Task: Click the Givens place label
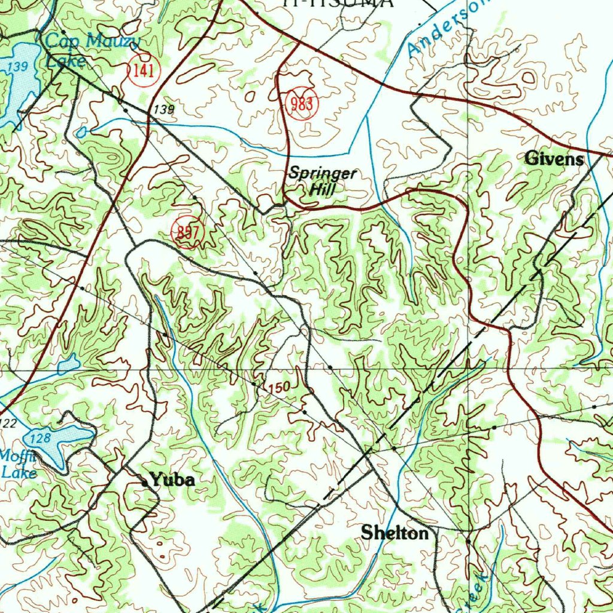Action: point(553,159)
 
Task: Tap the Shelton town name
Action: point(394,533)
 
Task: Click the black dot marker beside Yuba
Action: point(144,480)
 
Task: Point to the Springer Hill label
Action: point(322,181)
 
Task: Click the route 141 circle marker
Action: point(144,71)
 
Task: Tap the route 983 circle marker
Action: point(302,104)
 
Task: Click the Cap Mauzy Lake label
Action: point(90,50)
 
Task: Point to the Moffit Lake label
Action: point(18,464)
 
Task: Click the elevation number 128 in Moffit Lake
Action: point(40,438)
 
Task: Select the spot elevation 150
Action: point(280,388)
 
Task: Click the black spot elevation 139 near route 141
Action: point(163,109)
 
